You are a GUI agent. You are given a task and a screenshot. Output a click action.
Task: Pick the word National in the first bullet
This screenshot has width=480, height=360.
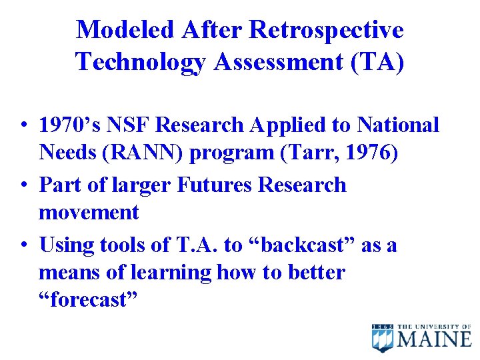click(x=399, y=125)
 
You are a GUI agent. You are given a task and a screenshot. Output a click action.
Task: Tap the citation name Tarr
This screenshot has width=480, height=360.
click(x=307, y=153)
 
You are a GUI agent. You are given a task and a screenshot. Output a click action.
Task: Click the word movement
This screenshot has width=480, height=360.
click(x=89, y=213)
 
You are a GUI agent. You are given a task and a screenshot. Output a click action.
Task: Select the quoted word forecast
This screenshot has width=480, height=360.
click(x=88, y=300)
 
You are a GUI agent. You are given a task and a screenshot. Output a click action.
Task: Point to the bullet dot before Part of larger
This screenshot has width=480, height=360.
click(x=23, y=185)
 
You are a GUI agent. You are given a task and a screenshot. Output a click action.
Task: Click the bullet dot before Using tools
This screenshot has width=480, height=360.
click(x=23, y=245)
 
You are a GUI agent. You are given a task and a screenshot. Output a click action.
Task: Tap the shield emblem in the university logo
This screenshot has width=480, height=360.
click(x=383, y=337)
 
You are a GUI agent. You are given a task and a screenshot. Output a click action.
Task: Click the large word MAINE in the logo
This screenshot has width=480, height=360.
click(x=435, y=339)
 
